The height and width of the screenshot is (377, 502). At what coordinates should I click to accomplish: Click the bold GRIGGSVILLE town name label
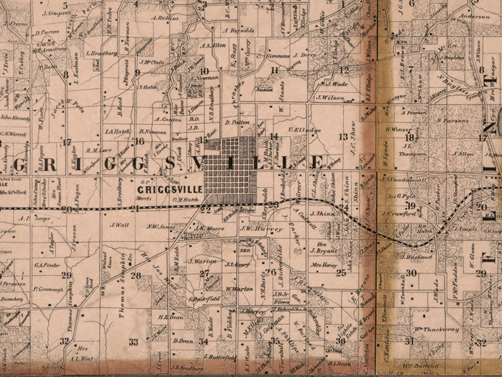170,189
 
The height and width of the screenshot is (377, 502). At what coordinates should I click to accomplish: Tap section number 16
140,141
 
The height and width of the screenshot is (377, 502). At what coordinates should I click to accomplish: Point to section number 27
204,274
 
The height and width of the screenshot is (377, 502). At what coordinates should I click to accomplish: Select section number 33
133,341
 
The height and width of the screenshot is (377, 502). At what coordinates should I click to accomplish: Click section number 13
343,137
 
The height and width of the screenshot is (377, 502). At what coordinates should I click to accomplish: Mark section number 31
410,341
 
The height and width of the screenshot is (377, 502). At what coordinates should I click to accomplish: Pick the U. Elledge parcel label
304,130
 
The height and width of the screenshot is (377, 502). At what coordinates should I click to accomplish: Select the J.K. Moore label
210,229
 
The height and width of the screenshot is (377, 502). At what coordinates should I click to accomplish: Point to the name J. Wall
119,225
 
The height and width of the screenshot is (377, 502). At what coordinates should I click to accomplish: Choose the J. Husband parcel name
416,257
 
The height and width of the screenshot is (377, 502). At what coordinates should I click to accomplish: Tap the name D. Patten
237,122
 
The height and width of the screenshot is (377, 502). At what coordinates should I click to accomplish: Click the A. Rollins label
165,18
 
